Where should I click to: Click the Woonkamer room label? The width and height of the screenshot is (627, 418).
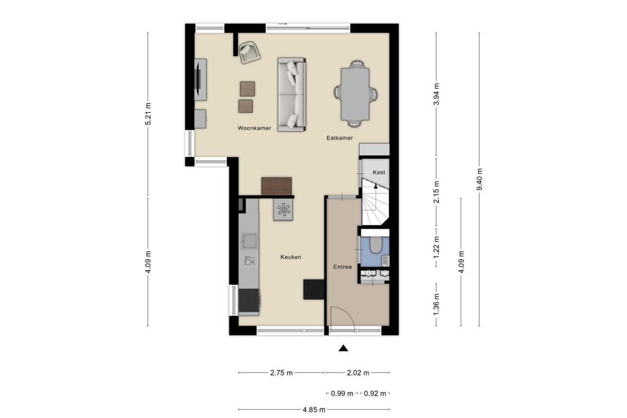(254, 128)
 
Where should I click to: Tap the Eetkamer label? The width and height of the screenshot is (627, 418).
(340, 138)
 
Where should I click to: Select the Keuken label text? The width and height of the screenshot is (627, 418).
(290, 257)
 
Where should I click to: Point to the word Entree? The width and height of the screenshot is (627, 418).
(342, 267)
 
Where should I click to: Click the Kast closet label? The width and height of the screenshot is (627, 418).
(379, 172)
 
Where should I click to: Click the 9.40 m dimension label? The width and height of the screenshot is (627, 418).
(480, 179)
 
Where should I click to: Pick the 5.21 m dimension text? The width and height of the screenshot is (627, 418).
(148, 114)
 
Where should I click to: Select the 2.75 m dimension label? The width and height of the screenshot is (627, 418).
(281, 373)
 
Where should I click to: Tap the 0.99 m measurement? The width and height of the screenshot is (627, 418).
(342, 393)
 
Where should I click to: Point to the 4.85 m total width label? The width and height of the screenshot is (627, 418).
(314, 410)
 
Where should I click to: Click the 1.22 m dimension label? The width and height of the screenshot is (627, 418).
(436, 248)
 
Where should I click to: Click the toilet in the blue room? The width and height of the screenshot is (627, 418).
(375, 245)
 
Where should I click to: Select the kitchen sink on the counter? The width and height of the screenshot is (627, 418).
(249, 241)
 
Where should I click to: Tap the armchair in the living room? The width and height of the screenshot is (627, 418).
(250, 52)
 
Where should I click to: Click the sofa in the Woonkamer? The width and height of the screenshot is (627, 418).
(291, 95)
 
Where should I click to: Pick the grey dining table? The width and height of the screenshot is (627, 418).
(355, 94)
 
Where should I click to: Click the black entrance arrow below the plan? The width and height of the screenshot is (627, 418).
(343, 348)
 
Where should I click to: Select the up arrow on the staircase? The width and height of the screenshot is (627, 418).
(375, 187)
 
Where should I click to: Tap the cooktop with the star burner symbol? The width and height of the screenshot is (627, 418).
(283, 210)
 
